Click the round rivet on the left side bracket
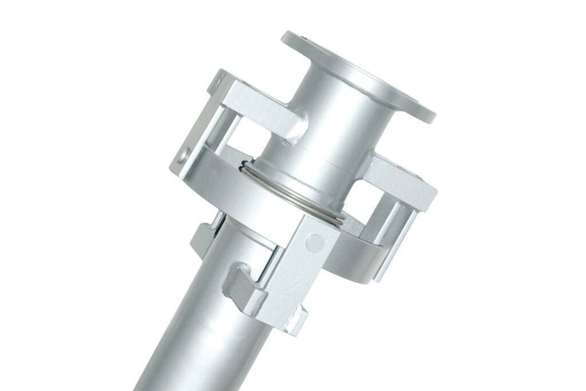point(184,154)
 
